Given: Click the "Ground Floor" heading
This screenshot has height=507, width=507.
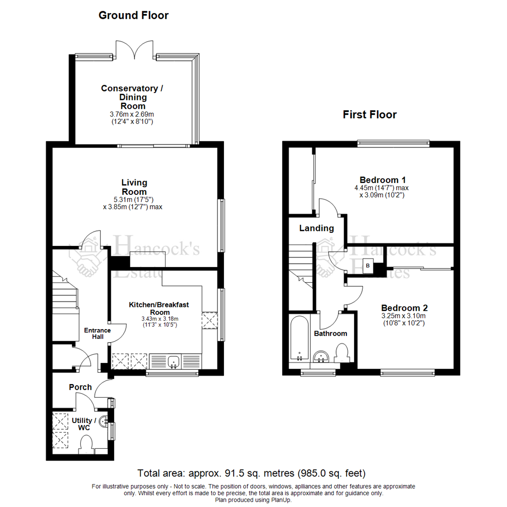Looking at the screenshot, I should [133, 15].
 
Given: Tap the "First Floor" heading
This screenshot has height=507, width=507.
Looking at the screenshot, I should [369, 115].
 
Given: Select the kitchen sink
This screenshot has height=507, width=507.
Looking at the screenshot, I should [174, 362].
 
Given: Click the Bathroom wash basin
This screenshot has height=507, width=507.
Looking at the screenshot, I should [322, 357].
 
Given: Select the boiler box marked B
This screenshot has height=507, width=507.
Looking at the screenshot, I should [368, 266].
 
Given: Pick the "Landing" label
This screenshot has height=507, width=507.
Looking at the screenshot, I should [317, 229].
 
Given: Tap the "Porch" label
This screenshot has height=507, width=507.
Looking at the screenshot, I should [80, 387].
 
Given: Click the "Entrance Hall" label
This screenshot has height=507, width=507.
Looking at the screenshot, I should [97, 333].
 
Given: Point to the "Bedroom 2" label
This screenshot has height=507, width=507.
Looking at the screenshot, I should [404, 308].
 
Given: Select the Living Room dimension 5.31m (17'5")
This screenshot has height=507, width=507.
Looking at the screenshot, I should [134, 200].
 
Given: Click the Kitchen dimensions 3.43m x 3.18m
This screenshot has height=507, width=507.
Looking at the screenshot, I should [159, 319].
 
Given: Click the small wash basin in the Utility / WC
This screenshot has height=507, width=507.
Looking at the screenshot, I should [104, 422].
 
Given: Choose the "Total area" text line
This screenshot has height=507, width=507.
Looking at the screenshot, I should [251, 473].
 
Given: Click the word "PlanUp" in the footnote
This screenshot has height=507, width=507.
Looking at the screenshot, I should [280, 500].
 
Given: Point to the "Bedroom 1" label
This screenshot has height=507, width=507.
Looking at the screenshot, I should [383, 180].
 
